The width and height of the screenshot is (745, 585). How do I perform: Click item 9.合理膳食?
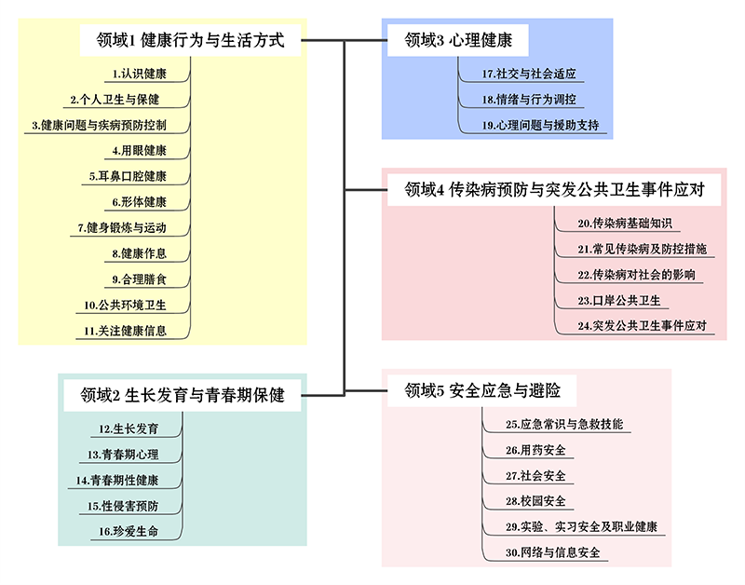pyautogui.click(x=140, y=279)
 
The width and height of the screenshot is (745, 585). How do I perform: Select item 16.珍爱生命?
pyautogui.click(x=129, y=531)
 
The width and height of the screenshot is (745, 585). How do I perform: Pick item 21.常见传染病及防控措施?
pyautogui.click(x=641, y=249)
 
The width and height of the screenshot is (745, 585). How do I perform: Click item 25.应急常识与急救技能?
pyautogui.click(x=564, y=425)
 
